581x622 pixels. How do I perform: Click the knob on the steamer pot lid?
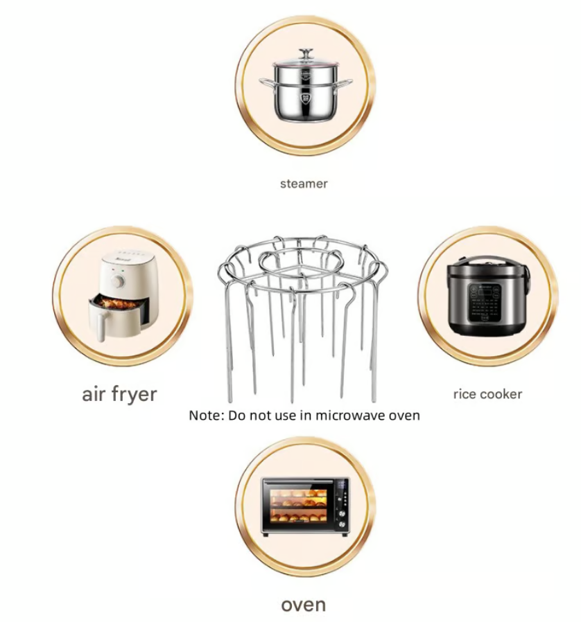306,53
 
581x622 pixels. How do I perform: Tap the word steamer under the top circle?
304,184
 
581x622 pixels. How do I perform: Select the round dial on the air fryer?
118,281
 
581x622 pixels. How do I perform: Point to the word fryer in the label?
135,395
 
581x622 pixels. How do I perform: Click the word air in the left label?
94,393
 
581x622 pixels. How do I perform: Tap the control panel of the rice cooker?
485,303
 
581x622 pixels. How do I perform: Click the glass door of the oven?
299,506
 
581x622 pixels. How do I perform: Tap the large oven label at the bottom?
304,605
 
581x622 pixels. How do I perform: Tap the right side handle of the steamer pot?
345,82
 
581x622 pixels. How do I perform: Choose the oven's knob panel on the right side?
342,506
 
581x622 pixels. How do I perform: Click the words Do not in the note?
249,416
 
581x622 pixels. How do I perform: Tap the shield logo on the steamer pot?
305,98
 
